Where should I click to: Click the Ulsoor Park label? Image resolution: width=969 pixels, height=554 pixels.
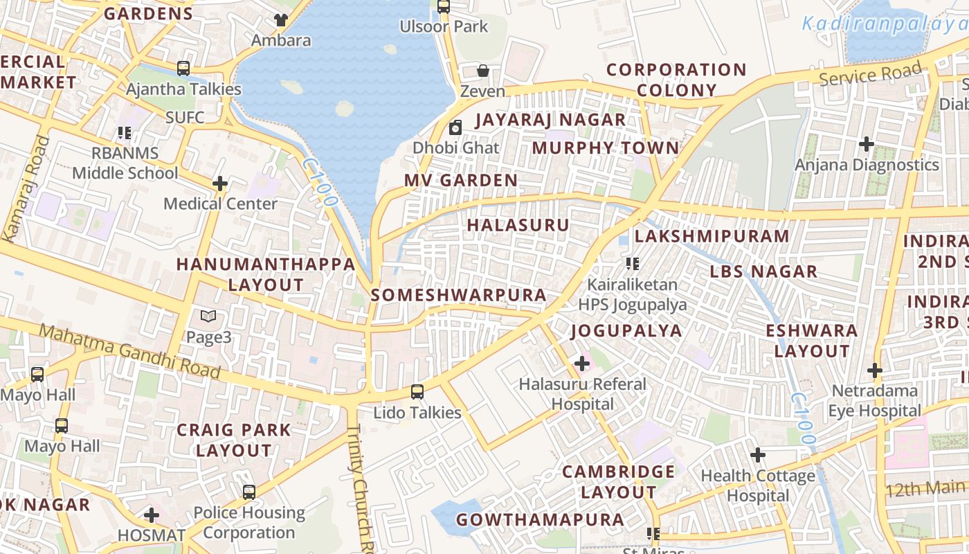[x=444, y=27]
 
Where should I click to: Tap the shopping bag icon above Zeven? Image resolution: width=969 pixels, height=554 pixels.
[x=483, y=71]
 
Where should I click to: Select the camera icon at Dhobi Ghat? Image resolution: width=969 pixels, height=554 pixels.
[x=455, y=127]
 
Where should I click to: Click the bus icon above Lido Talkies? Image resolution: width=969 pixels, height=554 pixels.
[x=417, y=392]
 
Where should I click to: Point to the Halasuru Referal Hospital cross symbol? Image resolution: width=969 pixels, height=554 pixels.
[x=582, y=364]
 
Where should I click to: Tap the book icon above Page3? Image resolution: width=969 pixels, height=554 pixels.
[x=208, y=316]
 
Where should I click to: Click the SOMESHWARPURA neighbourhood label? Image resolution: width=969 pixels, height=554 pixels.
[x=459, y=295]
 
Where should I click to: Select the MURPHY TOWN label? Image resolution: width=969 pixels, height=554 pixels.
[x=606, y=148]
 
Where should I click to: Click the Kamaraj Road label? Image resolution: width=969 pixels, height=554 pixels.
[x=26, y=188]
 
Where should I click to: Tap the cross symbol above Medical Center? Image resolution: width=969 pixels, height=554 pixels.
[x=220, y=184]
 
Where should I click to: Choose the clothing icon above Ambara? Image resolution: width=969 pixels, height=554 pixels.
[x=280, y=19]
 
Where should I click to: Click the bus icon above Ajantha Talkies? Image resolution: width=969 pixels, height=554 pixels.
[x=183, y=69]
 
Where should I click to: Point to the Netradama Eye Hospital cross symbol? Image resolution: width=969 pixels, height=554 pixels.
[x=875, y=370]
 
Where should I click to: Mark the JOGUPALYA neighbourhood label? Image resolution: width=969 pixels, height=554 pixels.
[x=626, y=331]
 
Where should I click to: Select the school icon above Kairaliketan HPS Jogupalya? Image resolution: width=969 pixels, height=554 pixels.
[x=632, y=264]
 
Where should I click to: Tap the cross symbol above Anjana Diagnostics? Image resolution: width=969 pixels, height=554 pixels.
[x=866, y=144]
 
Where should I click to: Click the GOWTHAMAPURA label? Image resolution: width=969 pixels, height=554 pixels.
[x=540, y=519]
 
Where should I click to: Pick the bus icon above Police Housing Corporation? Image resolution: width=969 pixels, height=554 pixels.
[x=249, y=492]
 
